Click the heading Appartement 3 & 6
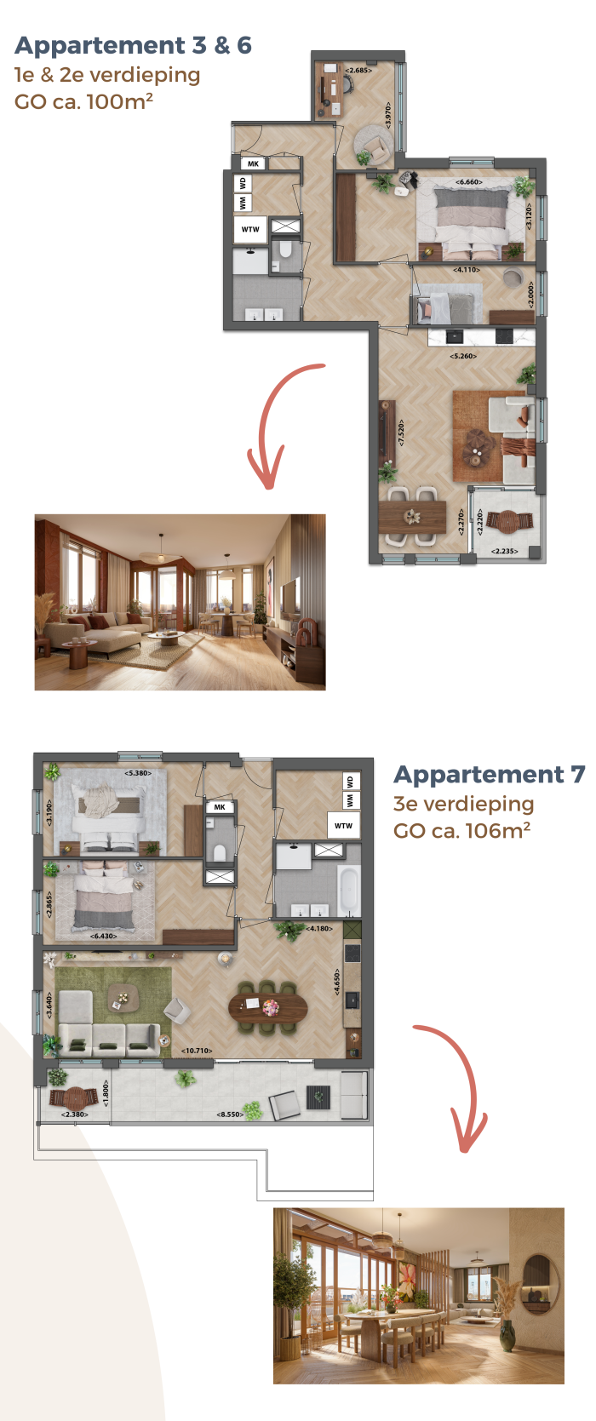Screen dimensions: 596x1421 tap(134, 46)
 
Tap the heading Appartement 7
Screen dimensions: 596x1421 tap(490, 775)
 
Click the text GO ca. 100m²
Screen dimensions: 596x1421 tap(83, 101)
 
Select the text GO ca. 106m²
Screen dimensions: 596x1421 tap(462, 830)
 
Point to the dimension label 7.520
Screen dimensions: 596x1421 tap(401, 432)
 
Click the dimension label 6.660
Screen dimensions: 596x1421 tap(469, 182)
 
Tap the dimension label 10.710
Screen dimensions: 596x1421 tap(197, 1051)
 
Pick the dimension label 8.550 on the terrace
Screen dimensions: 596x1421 tap(230, 1114)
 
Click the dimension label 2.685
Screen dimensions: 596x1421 tap(358, 70)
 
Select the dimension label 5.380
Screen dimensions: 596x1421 tap(139, 773)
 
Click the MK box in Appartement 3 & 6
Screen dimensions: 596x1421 tap(253, 163)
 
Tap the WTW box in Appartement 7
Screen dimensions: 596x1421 tap(343, 825)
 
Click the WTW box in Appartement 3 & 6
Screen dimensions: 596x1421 tap(250, 229)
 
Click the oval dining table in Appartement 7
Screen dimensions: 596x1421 tap(268, 1006)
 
